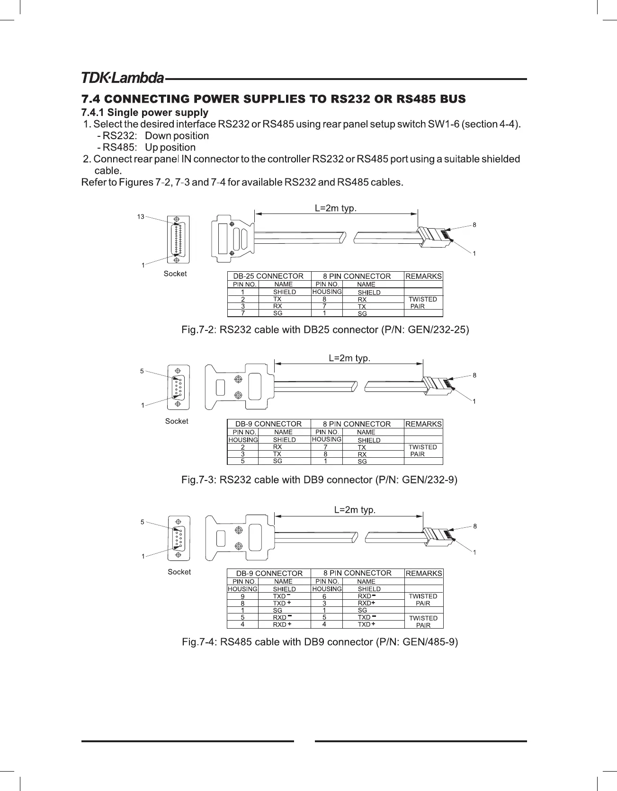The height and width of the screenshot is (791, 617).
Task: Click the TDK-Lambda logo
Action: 123,78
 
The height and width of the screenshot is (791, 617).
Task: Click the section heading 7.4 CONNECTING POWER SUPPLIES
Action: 273,99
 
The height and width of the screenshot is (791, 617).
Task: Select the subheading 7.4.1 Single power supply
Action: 145,113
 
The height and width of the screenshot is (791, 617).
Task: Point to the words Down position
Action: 177,136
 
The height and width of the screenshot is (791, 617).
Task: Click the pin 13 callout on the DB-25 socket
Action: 141,217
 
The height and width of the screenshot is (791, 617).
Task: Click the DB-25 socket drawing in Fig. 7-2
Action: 177,240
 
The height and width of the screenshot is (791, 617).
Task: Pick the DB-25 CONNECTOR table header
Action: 268,276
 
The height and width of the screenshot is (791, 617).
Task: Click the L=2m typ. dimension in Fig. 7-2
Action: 336,208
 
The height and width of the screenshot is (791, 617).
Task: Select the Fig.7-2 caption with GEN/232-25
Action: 325,329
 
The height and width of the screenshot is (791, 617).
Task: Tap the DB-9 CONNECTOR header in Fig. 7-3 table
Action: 268,424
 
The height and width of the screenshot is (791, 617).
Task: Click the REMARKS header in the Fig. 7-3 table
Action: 423,424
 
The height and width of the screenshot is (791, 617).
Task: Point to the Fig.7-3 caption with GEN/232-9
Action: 319,480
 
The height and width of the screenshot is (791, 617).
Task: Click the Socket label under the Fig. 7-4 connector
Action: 179,572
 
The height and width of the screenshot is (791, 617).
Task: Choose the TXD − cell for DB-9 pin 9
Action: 282,596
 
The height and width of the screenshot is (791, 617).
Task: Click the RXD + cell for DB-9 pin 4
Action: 282,624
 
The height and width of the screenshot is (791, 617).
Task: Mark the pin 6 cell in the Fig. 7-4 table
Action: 324,596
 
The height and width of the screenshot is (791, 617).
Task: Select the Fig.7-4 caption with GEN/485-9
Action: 320,642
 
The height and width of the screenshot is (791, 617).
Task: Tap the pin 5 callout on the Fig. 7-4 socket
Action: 142,522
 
